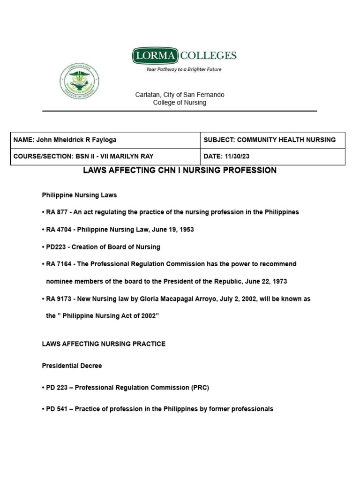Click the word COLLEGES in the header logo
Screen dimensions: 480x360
[209, 56]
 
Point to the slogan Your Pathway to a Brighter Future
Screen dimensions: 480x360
[184, 69]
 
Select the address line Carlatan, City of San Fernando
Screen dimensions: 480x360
[180, 95]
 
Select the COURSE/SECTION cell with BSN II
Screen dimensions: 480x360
[83, 156]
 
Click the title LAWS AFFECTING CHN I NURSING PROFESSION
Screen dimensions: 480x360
[180, 170]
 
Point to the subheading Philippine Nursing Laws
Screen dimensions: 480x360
[79, 195]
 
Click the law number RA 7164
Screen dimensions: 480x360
[58, 264]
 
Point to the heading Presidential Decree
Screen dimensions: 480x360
[72, 366]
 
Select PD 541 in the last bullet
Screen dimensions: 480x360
[57, 409]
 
